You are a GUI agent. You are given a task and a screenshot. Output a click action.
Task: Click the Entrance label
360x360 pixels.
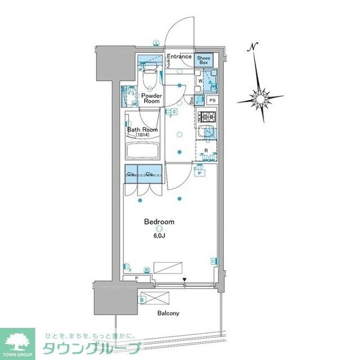coord(179,57)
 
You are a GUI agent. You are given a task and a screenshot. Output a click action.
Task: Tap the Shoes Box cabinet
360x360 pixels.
coord(203,59)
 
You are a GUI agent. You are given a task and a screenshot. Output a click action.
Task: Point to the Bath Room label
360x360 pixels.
coord(142,130)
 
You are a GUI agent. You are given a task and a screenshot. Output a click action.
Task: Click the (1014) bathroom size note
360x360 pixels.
coord(142,136)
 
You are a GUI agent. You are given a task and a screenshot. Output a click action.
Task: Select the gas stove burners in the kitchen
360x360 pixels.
coord(207,116)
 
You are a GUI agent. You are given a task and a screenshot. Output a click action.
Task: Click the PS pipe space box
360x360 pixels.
coord(212,100)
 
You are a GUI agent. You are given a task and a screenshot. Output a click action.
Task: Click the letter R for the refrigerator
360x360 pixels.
coord(206,151)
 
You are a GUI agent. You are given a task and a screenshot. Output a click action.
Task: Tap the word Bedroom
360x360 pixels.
coord(159,221)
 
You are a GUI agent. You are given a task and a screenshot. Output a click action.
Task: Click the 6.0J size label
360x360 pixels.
coord(159,236)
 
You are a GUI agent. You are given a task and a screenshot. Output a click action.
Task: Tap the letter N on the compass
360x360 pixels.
coord(254,47)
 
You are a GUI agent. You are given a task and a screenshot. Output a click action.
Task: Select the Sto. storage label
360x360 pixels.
coord(193,101)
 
